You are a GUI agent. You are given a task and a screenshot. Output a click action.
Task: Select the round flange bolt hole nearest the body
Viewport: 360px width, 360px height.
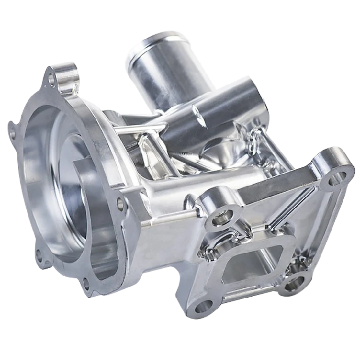coord(120,204)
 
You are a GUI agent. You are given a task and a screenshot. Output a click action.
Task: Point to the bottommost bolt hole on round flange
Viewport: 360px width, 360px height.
coord(86,283)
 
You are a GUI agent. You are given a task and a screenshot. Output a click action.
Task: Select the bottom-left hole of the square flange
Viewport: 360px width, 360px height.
coord(202,307)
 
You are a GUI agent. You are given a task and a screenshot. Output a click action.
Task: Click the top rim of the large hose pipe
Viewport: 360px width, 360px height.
coord(155,40)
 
